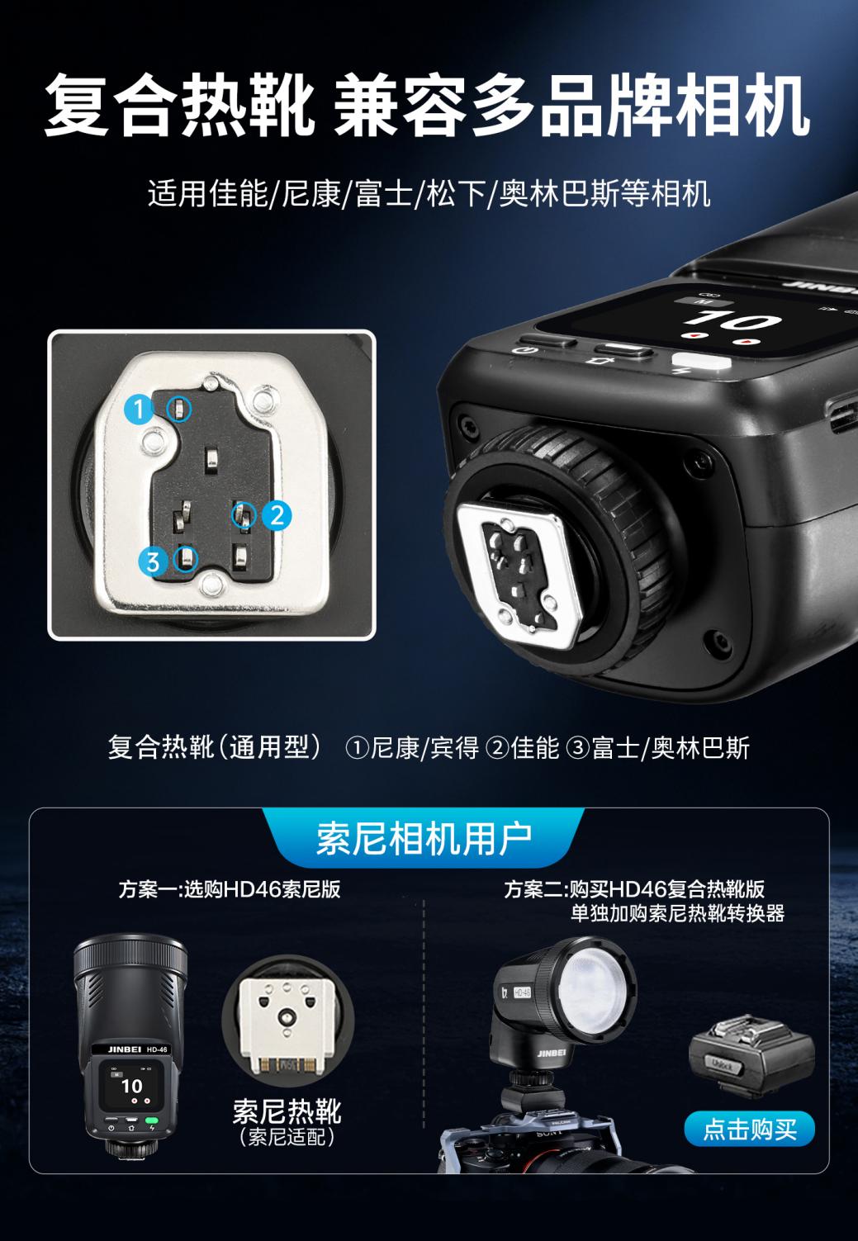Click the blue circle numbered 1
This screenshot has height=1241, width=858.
[139, 409]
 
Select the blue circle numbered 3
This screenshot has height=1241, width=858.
[154, 561]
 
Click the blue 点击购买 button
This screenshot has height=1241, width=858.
[749, 1129]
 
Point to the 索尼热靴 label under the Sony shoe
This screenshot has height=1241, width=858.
[287, 1111]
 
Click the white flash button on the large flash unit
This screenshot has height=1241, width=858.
[701, 362]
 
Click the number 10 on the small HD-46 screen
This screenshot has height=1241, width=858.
[131, 1086]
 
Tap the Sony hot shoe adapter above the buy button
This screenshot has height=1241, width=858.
[751, 1058]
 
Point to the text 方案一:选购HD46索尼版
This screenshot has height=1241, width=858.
[230, 889]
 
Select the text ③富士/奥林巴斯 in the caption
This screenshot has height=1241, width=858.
[658, 748]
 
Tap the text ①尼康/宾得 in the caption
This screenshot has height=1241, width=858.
[412, 748]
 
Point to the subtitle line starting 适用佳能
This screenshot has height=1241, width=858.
[429, 194]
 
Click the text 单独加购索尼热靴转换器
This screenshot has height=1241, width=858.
[677, 913]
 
